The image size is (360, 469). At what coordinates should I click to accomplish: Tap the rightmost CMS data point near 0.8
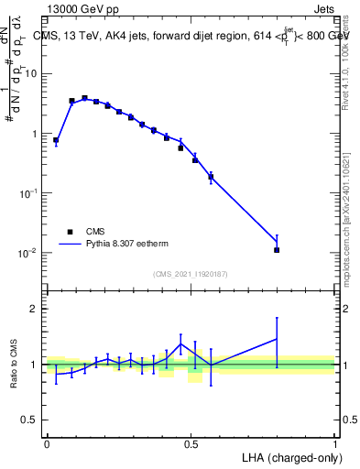click(x=277, y=249)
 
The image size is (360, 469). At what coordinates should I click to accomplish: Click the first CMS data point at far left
click(x=56, y=141)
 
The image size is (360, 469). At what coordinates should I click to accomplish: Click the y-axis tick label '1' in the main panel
click(x=36, y=134)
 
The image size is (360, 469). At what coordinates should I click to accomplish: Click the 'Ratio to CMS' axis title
click(x=14, y=363)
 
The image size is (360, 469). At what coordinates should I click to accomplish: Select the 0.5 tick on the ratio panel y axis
click(x=31, y=420)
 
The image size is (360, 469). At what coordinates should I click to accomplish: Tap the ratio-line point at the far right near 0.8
click(x=277, y=339)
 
